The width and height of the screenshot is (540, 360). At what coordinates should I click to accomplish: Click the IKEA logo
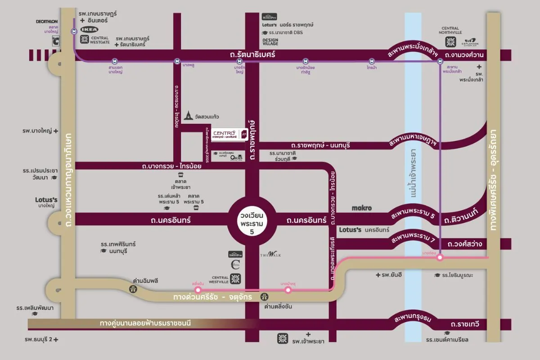pyautogui.click(x=89, y=29)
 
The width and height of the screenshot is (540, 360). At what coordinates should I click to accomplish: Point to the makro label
pyautogui.click(x=361, y=208)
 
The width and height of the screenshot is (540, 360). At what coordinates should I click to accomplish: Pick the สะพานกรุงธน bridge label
pyautogui.click(x=413, y=318)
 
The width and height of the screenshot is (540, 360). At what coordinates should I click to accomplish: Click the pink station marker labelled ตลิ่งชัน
pyautogui.click(x=197, y=290)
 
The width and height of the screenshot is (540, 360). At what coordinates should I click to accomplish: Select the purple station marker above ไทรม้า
pyautogui.click(x=372, y=61)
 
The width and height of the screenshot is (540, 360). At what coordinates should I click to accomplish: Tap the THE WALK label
pyautogui.click(x=270, y=255)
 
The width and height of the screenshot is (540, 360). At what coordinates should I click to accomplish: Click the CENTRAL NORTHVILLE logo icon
pyautogui.click(x=450, y=42)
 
